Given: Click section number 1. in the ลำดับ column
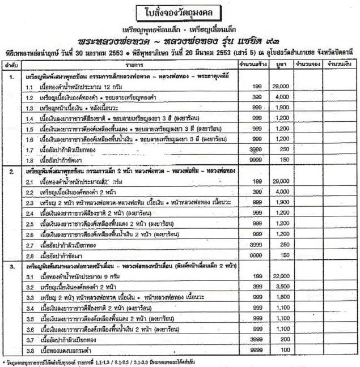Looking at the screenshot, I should (x=12, y=76).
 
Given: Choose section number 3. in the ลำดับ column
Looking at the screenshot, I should (x=12, y=265).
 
